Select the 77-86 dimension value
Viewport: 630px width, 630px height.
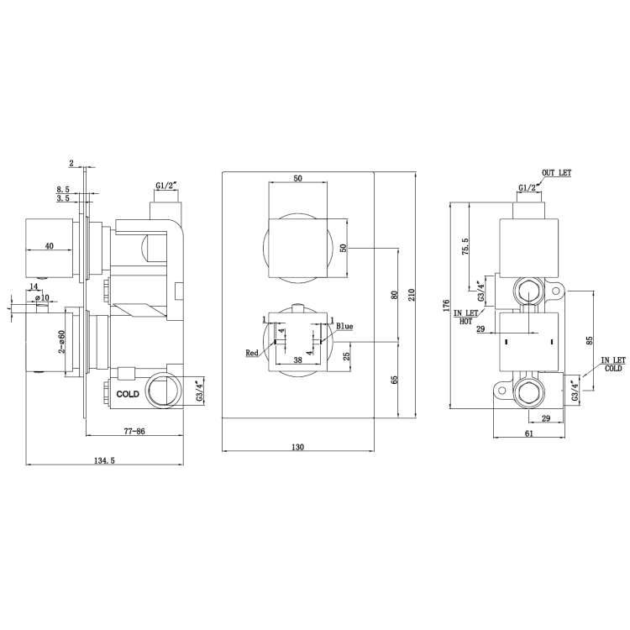point(134,430)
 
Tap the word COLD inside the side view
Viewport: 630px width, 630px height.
point(128,392)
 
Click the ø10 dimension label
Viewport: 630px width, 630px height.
point(44,297)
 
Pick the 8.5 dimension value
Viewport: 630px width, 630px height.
point(62,189)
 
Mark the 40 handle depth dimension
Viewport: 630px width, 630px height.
point(49,245)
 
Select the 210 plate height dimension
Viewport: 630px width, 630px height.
point(412,294)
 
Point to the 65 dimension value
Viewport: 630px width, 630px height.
point(393,379)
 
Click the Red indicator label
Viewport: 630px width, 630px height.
point(252,354)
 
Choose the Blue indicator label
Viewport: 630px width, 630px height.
point(344,326)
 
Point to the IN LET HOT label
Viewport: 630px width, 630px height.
point(465,317)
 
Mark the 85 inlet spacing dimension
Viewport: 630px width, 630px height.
point(590,341)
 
